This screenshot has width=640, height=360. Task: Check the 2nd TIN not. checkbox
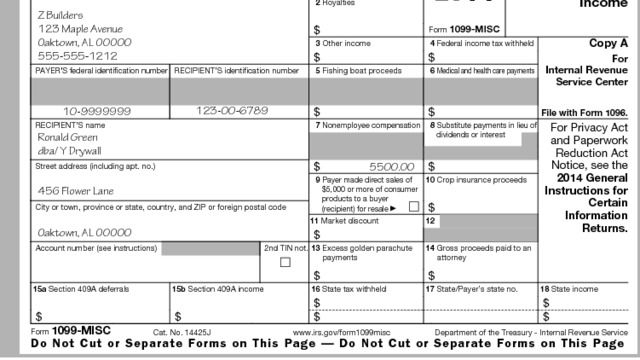pos(285,262)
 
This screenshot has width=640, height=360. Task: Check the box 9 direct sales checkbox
pos(413,206)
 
